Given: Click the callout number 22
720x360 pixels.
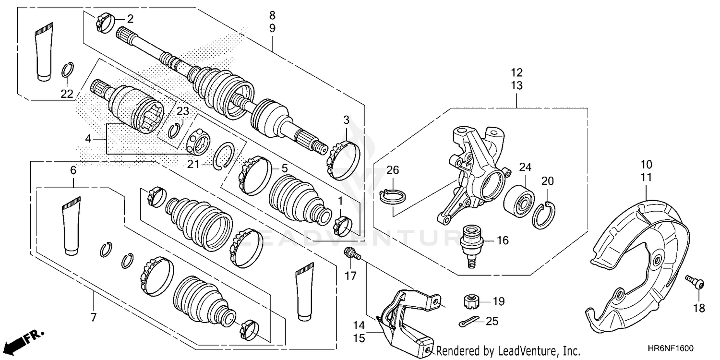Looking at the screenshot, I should pos(67,94).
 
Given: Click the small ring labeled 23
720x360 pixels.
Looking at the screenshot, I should pos(176,129).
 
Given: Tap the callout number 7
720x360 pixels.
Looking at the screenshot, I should pos(93,317).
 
